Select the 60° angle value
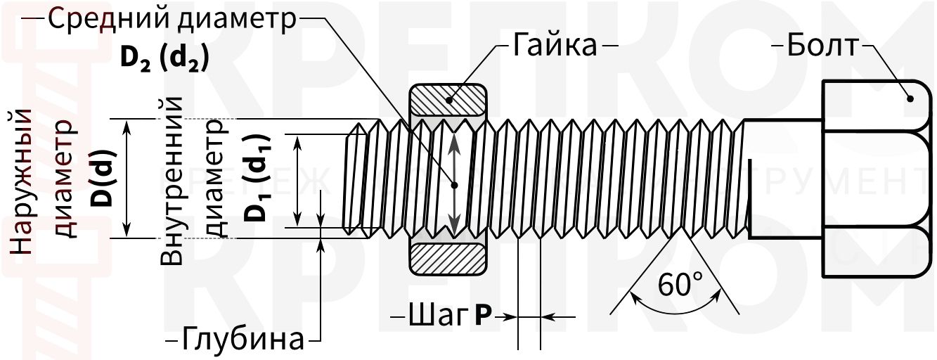pyautogui.click(x=680, y=285)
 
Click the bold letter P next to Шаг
pyautogui.click(x=482, y=316)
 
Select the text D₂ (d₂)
pyautogui.click(x=164, y=58)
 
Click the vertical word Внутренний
pyautogui.click(x=173, y=181)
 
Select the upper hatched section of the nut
pyautogui.click(x=448, y=101)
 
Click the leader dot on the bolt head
pyautogui.click(x=911, y=98)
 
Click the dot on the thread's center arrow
pyautogui.click(x=455, y=186)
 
